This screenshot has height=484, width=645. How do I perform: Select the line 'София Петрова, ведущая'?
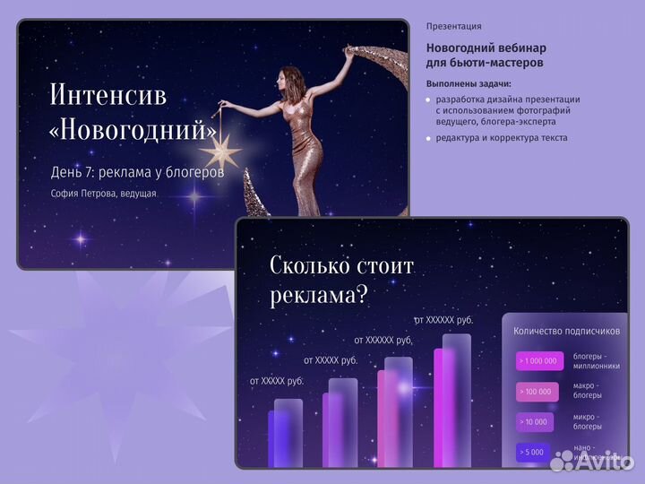[x=104, y=193]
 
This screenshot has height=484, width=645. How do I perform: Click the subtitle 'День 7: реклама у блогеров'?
[x=138, y=171]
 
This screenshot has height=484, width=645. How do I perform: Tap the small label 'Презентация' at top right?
[x=453, y=26]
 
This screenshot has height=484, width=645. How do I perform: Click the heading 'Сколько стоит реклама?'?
[x=341, y=280]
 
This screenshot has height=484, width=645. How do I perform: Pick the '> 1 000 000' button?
[x=538, y=361]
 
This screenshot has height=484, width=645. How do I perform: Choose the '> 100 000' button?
[x=536, y=392]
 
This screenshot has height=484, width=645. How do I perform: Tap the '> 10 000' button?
[x=534, y=422]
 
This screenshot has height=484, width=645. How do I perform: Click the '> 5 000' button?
[x=531, y=453]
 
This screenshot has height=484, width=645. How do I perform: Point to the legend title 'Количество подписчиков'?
[x=566, y=331]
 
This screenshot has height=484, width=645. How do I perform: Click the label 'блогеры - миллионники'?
[x=595, y=361]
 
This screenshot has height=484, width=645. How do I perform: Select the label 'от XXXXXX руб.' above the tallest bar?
[x=443, y=319]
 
